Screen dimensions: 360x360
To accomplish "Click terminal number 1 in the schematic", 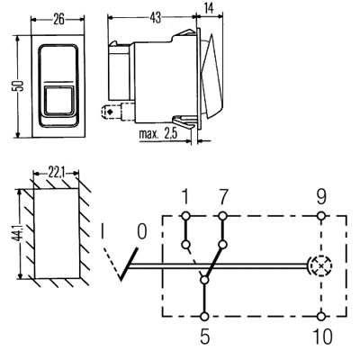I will [x=185, y=197].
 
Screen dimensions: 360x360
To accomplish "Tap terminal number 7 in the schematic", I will [x=221, y=197].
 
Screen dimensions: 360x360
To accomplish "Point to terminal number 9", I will [x=322, y=197].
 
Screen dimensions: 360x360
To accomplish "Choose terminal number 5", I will [x=206, y=340].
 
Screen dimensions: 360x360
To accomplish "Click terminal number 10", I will [x=322, y=340].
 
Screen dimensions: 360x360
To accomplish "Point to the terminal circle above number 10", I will [x=322, y=316].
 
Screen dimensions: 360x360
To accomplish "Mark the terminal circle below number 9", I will [x=322, y=216].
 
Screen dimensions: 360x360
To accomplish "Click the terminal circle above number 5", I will [x=206, y=316].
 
